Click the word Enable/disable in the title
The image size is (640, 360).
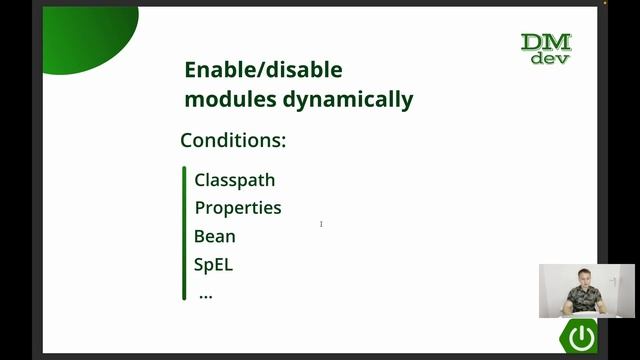(263, 70)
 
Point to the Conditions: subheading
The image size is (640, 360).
(233, 140)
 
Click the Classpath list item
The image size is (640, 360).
(234, 180)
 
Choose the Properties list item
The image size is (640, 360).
(238, 208)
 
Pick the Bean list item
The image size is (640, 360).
(215, 237)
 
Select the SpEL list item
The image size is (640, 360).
(213, 265)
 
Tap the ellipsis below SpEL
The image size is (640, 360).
(206, 295)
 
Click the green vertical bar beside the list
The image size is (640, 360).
(185, 233)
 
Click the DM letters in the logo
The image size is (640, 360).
(546, 42)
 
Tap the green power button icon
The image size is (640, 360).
(581, 335)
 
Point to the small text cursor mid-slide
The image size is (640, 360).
(321, 224)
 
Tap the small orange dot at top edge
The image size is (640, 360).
(604, 3)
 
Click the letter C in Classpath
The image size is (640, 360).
(200, 180)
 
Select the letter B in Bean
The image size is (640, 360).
(200, 237)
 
